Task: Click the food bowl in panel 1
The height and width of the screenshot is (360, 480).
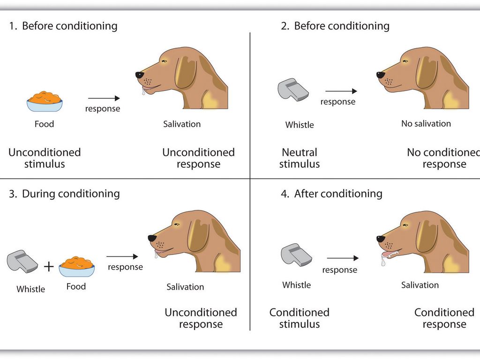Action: coord(45,102)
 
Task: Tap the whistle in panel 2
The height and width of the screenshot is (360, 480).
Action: coord(293,90)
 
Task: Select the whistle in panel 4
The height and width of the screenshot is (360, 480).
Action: coord(296,255)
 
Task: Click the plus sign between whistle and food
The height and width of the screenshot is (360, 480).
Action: coord(49,266)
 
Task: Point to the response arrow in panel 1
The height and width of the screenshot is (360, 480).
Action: coord(104,98)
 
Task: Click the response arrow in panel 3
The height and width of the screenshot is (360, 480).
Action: coord(122,256)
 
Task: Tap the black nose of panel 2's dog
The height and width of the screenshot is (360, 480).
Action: coord(381,75)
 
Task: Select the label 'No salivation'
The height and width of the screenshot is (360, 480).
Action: coord(426,124)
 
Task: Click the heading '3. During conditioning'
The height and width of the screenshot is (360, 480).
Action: coord(64,194)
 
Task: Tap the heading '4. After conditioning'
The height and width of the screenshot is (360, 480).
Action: coord(331,194)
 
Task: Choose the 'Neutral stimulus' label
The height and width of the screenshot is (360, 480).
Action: coord(300,158)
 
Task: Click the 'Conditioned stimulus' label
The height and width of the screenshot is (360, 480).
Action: coord(300,318)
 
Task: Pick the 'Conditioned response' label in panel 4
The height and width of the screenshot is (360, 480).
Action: coord(444,318)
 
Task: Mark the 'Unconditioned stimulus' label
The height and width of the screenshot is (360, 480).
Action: coord(45,158)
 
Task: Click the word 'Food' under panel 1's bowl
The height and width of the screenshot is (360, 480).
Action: coord(45,124)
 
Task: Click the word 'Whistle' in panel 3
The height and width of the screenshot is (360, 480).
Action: coord(31,289)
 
